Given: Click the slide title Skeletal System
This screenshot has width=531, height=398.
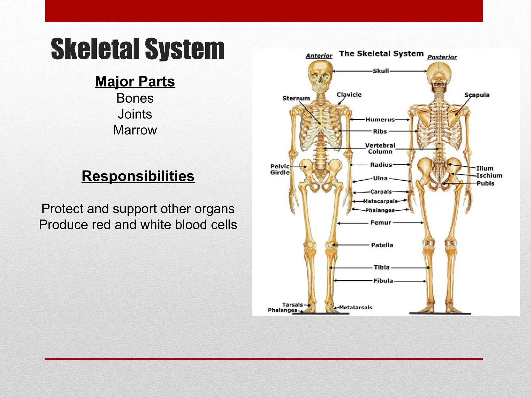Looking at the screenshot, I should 137,49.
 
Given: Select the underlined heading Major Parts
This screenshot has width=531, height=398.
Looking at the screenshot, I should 135,81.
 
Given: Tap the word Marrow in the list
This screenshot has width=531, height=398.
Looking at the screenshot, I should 135,130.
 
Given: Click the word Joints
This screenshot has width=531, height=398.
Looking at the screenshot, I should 135,114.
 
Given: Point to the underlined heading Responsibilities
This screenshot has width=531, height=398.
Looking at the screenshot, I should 138,176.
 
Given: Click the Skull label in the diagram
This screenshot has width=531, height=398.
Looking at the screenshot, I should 381,71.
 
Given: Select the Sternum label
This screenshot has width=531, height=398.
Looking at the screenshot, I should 296,98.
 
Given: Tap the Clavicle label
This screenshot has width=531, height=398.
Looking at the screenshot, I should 349,95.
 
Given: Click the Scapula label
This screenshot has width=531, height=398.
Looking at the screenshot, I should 477,95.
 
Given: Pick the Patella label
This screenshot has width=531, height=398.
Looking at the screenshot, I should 382,245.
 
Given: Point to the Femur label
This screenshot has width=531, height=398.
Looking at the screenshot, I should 381,223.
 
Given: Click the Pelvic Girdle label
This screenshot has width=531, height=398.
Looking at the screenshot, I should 280,169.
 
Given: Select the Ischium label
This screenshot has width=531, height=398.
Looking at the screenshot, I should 489,176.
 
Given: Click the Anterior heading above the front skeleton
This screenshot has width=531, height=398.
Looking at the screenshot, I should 319,56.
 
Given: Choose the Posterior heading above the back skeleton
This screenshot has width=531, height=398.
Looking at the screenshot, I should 442,57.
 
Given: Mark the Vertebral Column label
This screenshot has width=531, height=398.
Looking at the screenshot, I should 380,149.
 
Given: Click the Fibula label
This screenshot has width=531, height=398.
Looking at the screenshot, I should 383,281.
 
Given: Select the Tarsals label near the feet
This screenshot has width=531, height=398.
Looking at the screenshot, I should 292,305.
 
